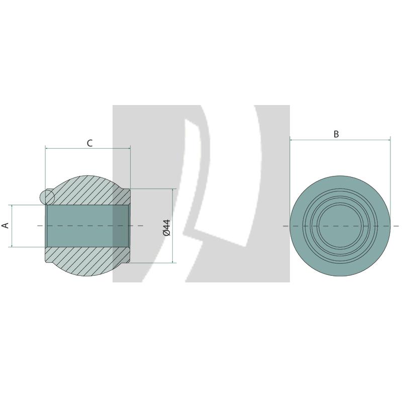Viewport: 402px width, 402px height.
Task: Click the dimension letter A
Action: [x=6, y=225]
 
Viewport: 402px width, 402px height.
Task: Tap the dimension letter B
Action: [x=336, y=134]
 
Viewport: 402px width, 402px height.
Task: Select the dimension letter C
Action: [x=89, y=143]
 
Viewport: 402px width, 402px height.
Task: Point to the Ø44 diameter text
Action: [x=167, y=227]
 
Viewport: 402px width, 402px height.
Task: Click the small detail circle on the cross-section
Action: [x=46, y=196]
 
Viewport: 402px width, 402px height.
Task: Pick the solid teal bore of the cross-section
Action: [x=80, y=226]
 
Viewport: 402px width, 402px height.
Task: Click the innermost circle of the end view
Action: [x=340, y=226]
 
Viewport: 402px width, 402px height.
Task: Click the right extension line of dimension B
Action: [x=390, y=161]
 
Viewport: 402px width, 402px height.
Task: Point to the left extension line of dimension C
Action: [x=45, y=166]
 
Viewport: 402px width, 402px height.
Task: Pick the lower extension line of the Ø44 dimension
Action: [x=151, y=262]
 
